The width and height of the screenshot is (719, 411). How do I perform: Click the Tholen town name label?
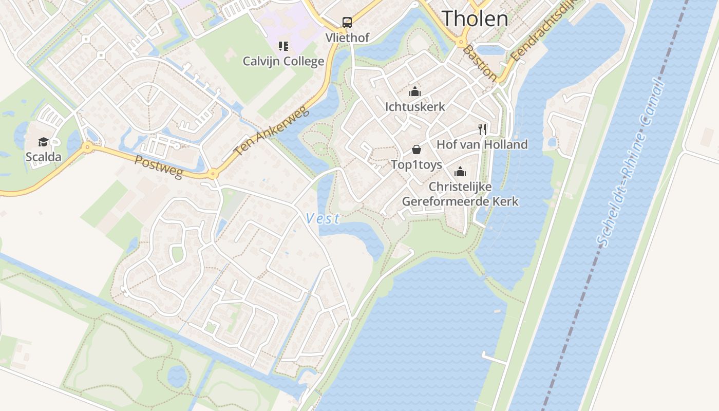(x=475, y=18)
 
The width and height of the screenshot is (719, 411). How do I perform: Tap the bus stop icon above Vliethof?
(x=347, y=22)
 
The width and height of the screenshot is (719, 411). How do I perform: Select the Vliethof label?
(x=347, y=38)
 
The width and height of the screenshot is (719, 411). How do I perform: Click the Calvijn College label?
(x=283, y=61)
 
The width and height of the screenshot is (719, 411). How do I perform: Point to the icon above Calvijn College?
(x=283, y=46)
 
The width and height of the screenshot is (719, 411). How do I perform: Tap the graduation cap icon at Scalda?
(x=43, y=142)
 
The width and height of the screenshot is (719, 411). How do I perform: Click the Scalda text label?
(x=43, y=157)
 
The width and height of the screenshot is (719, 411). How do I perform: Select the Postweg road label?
(x=159, y=167)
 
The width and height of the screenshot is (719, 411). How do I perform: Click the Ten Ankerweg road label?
(x=272, y=131)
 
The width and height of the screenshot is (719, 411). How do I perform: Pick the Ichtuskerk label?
(x=415, y=106)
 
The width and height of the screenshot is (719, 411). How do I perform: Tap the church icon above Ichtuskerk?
(x=415, y=92)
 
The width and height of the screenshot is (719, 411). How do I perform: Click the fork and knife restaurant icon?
(x=482, y=129)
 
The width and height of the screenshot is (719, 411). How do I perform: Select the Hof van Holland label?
(x=482, y=144)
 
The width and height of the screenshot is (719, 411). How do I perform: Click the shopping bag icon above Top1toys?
(x=417, y=150)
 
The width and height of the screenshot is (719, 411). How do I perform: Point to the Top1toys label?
(x=417, y=164)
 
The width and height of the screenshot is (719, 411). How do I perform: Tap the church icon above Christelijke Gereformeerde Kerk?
(x=460, y=171)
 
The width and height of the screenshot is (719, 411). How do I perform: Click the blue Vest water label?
(x=323, y=218)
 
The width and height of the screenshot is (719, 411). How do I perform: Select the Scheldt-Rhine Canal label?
(x=630, y=163)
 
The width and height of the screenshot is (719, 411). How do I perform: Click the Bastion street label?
(x=479, y=63)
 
